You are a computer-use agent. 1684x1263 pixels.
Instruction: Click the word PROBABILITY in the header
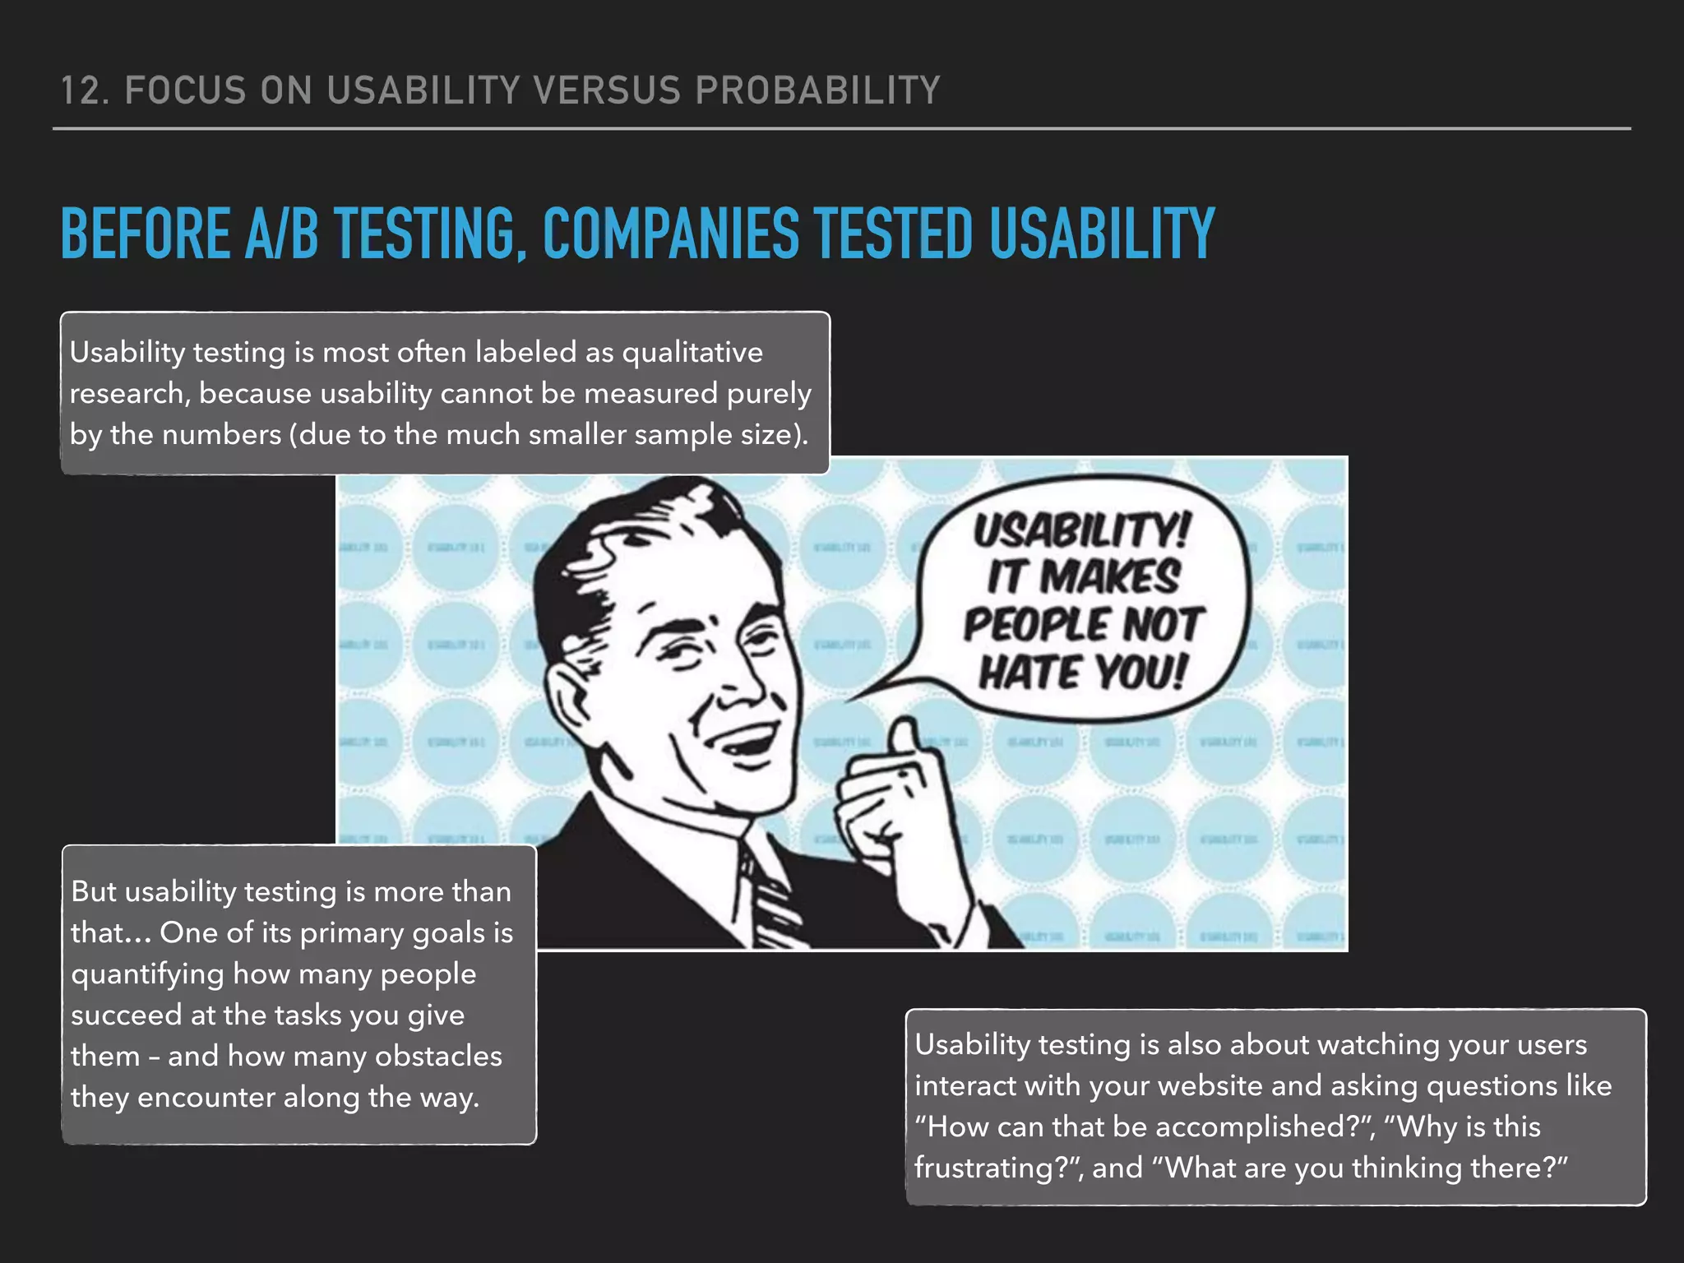pos(817,90)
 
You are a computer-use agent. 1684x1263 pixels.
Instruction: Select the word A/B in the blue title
pos(281,234)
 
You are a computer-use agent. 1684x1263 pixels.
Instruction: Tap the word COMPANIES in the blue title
pos(670,234)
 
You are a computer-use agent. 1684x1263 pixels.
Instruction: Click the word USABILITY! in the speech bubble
pos(1082,530)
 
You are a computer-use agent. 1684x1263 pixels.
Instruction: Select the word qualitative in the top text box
pos(692,353)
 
